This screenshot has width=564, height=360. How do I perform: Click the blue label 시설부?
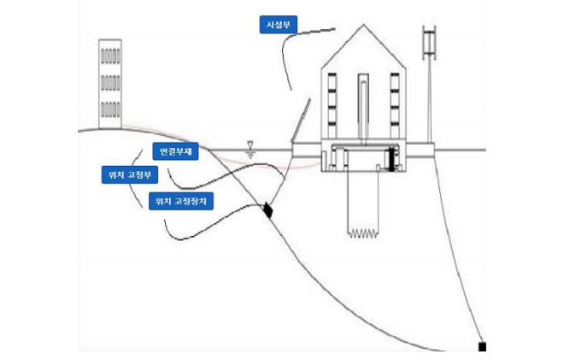[277, 25]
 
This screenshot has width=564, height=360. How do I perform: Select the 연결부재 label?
[177, 152]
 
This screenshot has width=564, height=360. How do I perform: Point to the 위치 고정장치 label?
[182, 202]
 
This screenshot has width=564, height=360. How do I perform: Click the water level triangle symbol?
[250, 146]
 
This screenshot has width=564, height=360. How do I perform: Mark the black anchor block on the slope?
[267, 209]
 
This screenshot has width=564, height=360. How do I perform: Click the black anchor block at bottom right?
[482, 346]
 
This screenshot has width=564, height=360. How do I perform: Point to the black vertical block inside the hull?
[392, 159]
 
